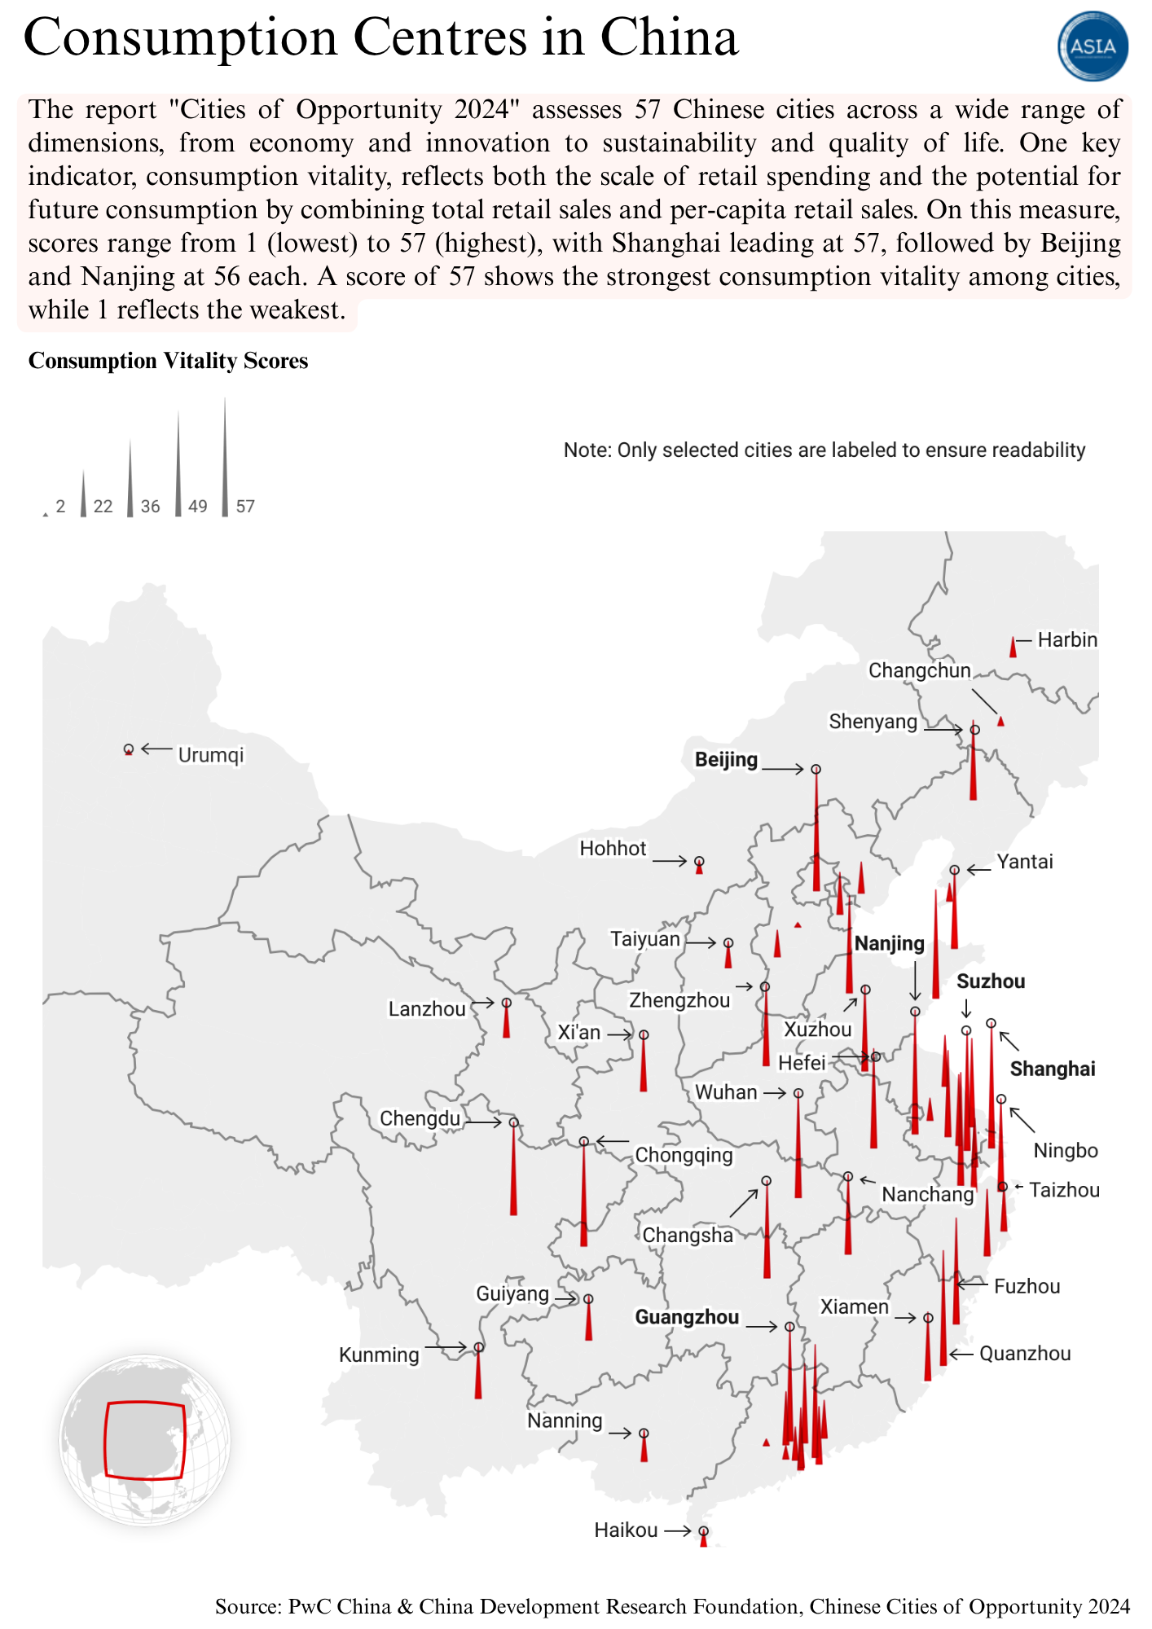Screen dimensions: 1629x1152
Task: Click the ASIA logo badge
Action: pos(1093,46)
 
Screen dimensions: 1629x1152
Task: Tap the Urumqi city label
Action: pos(211,755)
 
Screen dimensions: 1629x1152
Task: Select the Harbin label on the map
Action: pos(1067,640)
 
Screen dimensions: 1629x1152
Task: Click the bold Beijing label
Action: pos(726,760)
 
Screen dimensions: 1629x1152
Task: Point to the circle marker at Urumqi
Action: pos(128,749)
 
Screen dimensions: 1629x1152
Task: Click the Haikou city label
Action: pos(626,1530)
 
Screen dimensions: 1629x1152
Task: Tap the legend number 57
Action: pos(245,507)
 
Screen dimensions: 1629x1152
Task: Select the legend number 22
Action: pos(103,507)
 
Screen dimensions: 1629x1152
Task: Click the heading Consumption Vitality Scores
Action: pos(168,361)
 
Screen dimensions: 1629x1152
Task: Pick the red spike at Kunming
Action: pos(478,1377)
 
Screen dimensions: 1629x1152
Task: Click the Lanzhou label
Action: pos(427,1009)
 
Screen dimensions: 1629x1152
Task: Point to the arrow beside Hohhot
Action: pos(671,861)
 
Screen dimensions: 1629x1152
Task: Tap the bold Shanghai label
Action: pos(1053,1069)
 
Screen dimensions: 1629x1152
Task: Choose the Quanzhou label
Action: pos(1025,1354)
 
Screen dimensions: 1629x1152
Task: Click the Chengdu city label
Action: pos(420,1118)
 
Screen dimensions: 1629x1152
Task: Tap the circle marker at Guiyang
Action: pos(588,1299)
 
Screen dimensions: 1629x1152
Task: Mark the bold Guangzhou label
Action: pos(687,1317)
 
